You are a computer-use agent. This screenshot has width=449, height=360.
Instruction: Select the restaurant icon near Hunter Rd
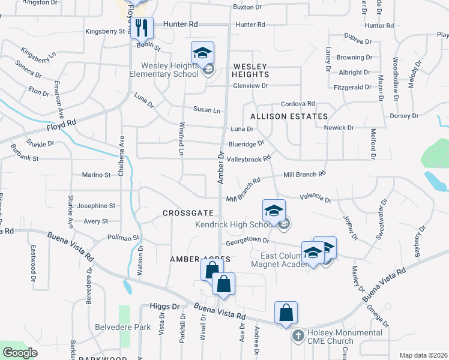click(x=142, y=29)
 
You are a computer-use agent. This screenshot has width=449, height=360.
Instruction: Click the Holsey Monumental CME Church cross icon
click(x=298, y=336)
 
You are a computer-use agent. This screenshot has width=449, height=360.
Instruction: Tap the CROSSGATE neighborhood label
click(x=188, y=213)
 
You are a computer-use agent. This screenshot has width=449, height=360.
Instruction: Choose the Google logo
click(x=20, y=353)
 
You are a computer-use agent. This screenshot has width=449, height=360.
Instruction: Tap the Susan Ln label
click(x=206, y=110)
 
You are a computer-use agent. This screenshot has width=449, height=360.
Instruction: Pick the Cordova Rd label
click(x=298, y=103)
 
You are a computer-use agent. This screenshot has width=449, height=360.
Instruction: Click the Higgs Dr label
click(x=168, y=306)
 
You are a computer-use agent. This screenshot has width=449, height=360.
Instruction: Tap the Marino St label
click(x=96, y=175)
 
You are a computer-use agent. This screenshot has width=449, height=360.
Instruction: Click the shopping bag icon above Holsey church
click(x=286, y=313)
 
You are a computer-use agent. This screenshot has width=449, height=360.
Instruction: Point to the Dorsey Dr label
click(x=404, y=116)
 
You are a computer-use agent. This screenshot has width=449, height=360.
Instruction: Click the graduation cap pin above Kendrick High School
click(x=274, y=211)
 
